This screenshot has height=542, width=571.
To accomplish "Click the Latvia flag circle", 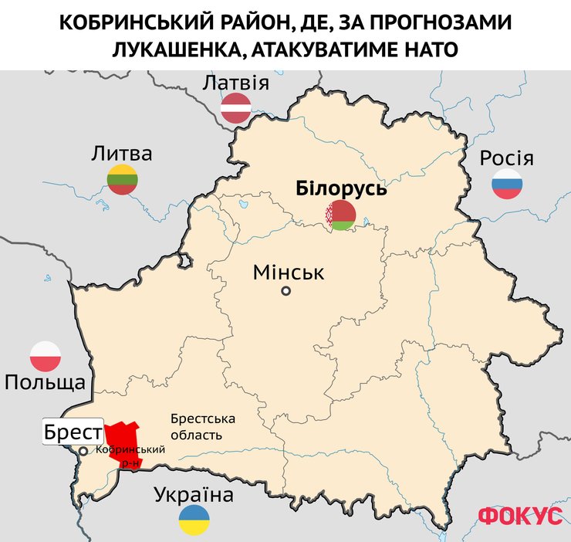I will click(236, 108).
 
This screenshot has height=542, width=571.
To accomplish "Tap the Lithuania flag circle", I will click(122, 179).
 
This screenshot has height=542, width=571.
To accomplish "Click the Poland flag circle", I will click(46, 355).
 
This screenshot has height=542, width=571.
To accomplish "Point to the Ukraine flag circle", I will click(194, 520).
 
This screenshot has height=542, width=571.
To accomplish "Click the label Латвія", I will click(235, 83).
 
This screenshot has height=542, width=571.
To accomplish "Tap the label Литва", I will click(122, 153).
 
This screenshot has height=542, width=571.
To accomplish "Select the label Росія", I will click(506, 158).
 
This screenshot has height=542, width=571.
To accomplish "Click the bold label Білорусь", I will click(341, 188).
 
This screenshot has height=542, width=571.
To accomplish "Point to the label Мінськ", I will click(289, 272).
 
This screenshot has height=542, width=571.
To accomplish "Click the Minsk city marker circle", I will click(286, 291).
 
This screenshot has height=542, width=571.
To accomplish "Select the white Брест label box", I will click(73, 432).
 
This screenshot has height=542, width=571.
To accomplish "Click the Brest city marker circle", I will click(83, 451).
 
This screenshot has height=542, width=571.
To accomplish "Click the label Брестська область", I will click(202, 426).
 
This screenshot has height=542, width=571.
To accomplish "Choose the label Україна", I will click(194, 495).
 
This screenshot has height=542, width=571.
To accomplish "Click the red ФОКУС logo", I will click(520, 516).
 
